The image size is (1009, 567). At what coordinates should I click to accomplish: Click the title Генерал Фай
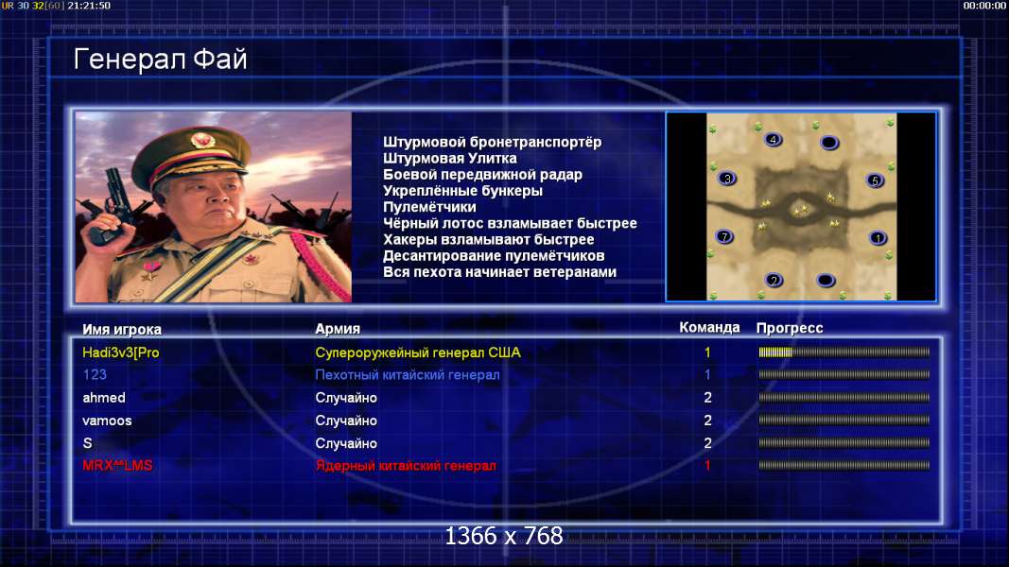coord(160,60)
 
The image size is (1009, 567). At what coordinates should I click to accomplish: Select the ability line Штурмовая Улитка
coord(450,158)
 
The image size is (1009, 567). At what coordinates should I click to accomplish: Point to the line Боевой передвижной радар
coord(482,175)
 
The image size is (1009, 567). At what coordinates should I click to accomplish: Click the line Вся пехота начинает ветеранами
coord(500,272)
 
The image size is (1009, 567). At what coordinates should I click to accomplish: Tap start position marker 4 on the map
coord(773,140)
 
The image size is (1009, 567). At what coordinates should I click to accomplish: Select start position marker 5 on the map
coord(875,180)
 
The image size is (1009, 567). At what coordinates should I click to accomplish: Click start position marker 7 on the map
coord(724,236)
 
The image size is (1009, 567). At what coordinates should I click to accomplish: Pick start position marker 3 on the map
coord(727,179)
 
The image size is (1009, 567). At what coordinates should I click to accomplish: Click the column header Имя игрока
coord(122,329)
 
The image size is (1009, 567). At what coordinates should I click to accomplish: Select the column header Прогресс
coord(790,328)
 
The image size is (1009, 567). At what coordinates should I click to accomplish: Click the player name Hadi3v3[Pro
coord(121,352)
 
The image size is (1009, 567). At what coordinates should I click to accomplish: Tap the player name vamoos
coord(107,421)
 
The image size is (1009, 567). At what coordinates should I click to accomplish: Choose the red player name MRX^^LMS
coord(118,466)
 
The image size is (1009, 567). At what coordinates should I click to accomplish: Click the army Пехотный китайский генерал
coord(408,375)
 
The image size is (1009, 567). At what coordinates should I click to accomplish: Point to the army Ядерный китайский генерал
coord(406,466)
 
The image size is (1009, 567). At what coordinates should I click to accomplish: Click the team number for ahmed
coord(708,398)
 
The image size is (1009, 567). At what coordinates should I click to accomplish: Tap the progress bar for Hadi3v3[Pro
coord(844,352)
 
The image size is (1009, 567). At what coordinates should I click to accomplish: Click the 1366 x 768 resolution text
coord(504,536)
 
